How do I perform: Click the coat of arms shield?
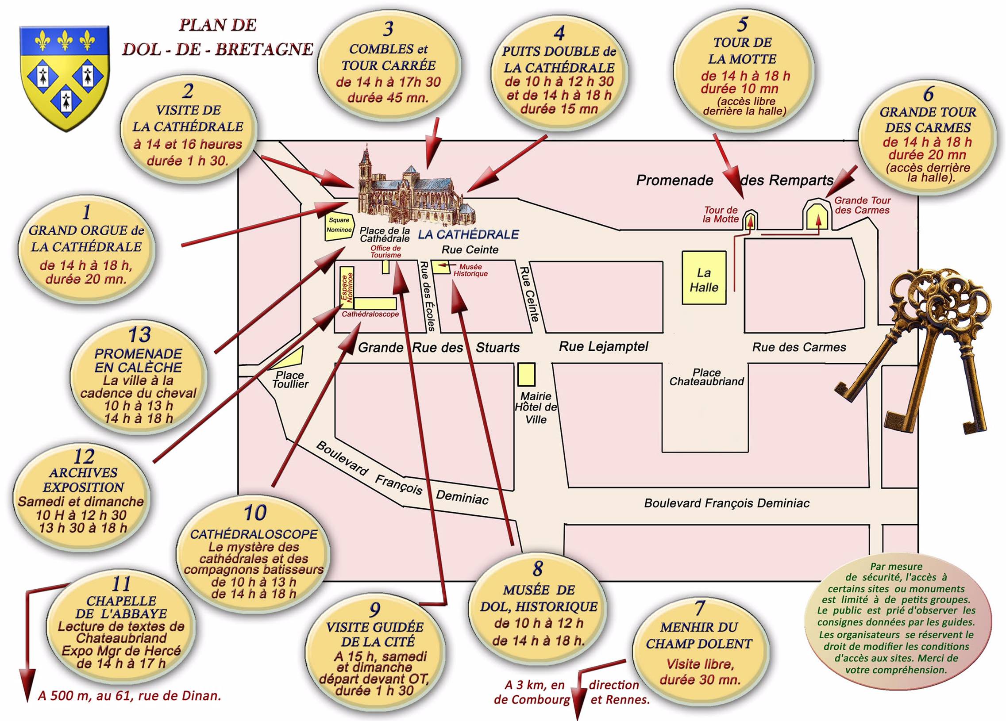click(65, 78)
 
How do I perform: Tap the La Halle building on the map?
click(704, 278)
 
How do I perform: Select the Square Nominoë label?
click(339, 225)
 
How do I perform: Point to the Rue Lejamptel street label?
click(604, 346)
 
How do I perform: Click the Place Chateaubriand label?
click(707, 377)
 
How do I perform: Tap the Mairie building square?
click(526, 375)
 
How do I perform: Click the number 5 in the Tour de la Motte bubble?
click(743, 25)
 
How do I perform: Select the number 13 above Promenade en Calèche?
click(139, 335)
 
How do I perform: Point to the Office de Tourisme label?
click(385, 251)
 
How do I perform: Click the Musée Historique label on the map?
click(470, 270)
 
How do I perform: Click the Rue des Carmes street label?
click(799, 347)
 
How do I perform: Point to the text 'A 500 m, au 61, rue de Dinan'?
click(130, 695)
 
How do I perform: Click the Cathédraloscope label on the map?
click(370, 314)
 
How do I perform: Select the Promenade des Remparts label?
click(735, 180)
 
